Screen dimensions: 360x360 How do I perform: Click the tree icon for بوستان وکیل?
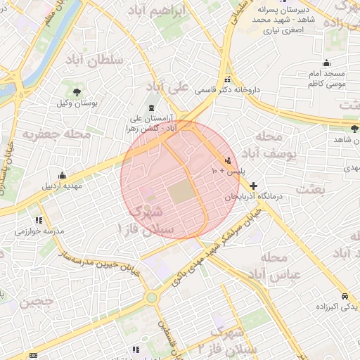76,92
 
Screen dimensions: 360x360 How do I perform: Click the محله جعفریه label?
56,133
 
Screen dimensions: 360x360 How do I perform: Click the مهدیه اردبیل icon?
63,175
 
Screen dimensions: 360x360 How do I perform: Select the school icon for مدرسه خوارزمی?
29,220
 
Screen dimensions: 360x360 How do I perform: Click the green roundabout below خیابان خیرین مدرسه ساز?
151,297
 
